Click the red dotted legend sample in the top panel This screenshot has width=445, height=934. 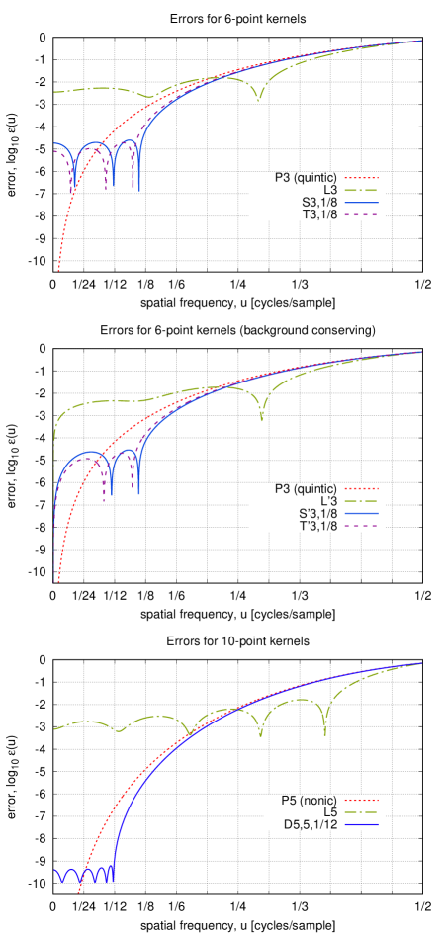[x=361, y=179]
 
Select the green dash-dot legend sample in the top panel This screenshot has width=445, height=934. [x=361, y=191]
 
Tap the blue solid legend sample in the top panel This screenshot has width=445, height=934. [x=361, y=203]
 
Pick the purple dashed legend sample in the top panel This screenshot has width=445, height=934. [x=361, y=214]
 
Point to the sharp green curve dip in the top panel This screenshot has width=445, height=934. [x=258, y=100]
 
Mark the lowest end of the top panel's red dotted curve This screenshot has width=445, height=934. [x=59, y=267]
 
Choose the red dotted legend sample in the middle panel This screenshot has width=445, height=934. [x=361, y=489]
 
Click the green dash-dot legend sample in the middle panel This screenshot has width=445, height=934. [x=361, y=501]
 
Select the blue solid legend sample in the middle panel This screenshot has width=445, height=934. [x=361, y=514]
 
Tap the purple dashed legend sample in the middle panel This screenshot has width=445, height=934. [x=361, y=526]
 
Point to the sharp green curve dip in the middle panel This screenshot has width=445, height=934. [x=262, y=419]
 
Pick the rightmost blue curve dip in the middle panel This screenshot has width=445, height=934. [x=138, y=490]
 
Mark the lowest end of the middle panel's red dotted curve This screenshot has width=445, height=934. [x=59, y=580]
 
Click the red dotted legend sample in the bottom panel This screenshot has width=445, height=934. [x=361, y=801]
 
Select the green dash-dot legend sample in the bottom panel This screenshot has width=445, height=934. [x=361, y=812]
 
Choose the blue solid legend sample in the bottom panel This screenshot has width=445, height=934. [x=361, y=824]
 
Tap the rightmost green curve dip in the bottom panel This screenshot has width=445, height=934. [x=325, y=733]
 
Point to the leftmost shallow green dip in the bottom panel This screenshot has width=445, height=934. [x=120, y=731]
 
